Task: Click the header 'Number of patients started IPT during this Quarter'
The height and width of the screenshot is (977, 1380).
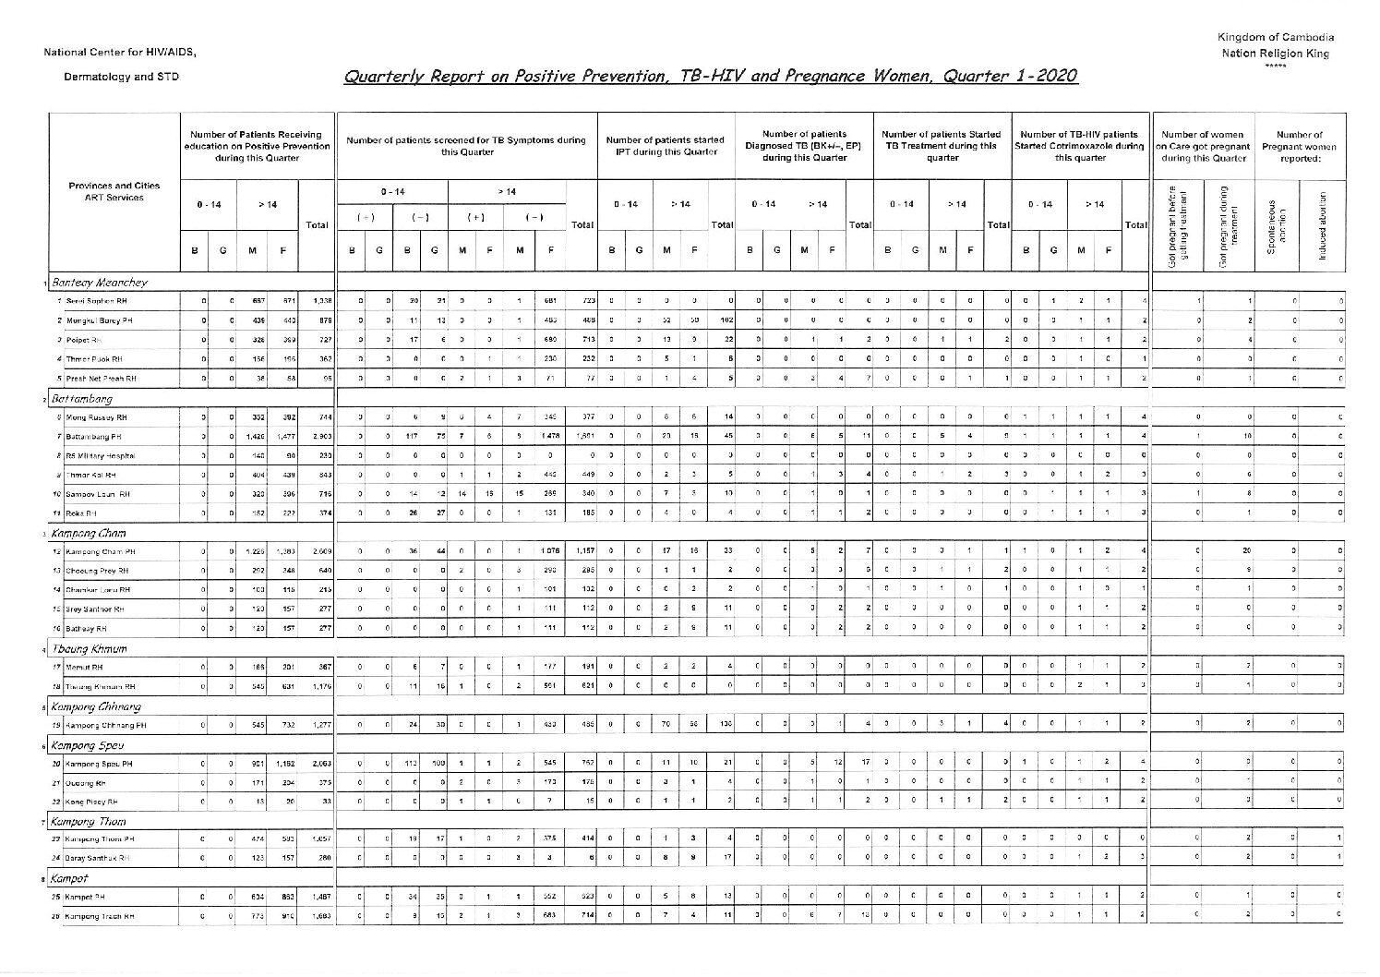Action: [x=666, y=146]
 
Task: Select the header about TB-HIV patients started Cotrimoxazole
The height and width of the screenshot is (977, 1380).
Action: [x=1080, y=146]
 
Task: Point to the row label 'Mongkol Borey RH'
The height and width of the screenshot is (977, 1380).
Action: [x=95, y=320]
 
